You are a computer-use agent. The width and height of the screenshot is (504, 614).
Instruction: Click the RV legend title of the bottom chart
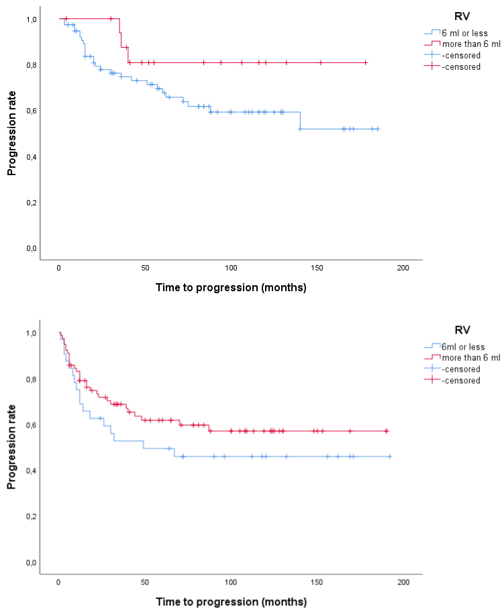461,329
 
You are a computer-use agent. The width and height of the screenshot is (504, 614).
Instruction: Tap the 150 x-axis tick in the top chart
317,268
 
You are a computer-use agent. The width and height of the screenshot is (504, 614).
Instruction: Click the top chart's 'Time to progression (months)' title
230,288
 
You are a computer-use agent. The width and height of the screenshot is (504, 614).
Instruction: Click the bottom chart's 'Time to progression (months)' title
230,601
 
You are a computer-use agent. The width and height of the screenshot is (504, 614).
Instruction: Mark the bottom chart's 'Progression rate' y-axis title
11,448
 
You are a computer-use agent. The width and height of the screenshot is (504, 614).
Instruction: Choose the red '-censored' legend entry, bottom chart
461,380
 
